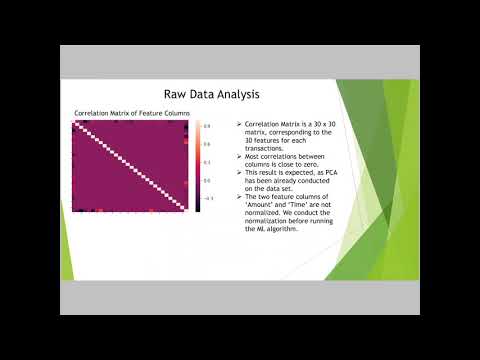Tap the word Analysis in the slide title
[x=235, y=94]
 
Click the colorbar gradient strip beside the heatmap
[x=198, y=166]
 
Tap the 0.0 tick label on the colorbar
[x=208, y=180]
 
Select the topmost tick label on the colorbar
[x=208, y=126]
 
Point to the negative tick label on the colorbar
[x=207, y=198]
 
